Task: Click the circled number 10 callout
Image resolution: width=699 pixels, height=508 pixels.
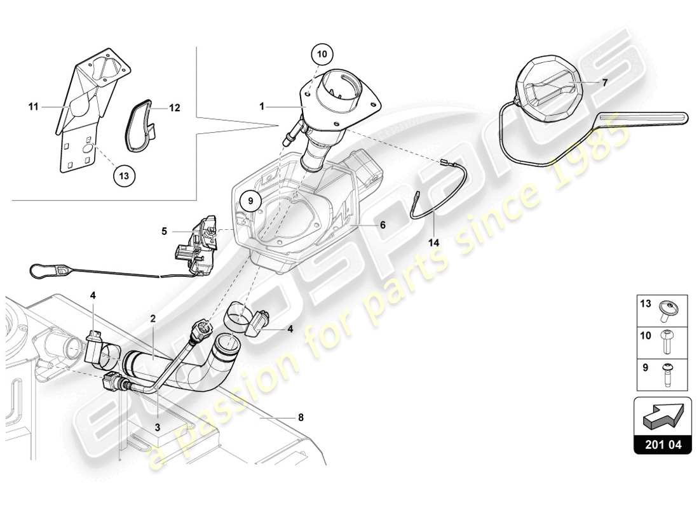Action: [x=322, y=55]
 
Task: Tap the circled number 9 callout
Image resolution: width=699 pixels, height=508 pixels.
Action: [x=250, y=201]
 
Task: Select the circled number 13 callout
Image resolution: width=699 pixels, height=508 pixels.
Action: [x=125, y=177]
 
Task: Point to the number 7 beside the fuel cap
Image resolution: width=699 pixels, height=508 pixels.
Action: [x=606, y=83]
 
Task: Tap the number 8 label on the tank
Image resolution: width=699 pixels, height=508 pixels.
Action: [x=301, y=417]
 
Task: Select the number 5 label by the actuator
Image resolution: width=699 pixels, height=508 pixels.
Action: [x=163, y=232]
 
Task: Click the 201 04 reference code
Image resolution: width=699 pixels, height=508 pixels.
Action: [x=662, y=444]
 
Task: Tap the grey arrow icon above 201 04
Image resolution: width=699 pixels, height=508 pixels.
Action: [x=662, y=417]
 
